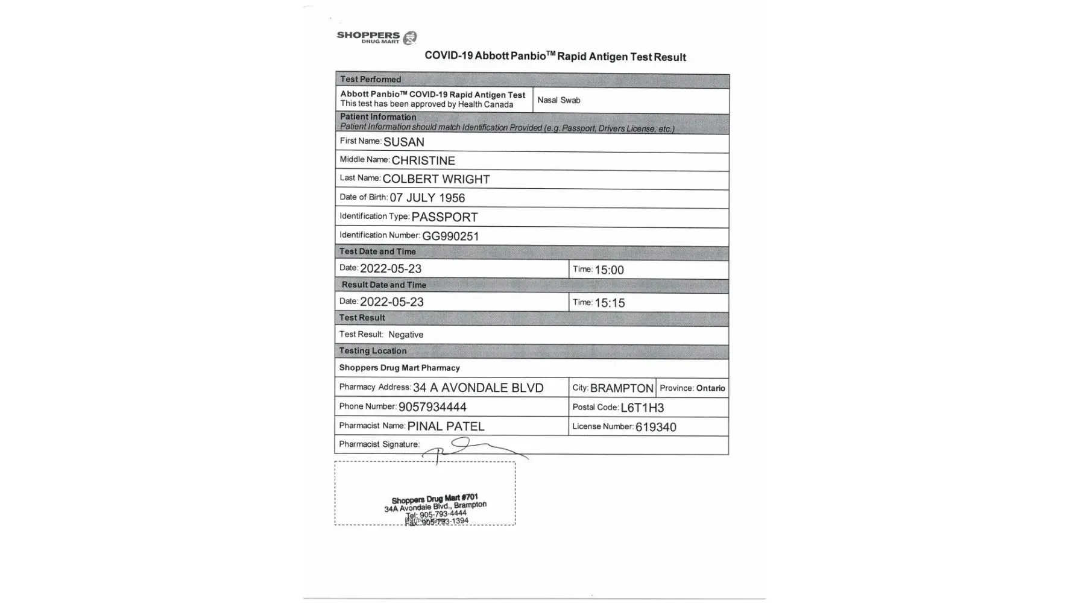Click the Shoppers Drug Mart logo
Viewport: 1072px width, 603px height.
377,37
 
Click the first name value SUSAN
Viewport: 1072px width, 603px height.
404,142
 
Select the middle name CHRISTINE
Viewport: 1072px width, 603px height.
423,161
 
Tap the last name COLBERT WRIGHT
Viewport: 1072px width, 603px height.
436,180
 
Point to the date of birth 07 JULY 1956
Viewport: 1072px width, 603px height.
427,198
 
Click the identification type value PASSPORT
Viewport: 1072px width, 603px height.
444,217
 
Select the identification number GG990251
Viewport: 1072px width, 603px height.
450,236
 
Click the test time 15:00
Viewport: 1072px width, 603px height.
609,270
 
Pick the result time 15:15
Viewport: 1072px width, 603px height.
610,303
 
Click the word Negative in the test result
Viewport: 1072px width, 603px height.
406,335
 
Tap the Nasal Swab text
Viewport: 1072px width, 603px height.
558,100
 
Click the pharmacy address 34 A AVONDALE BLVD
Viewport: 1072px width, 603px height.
478,388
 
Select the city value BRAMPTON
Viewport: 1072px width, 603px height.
622,388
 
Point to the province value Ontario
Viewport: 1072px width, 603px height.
711,388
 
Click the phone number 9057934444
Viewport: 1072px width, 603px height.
432,407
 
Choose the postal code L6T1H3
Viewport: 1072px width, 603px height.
642,408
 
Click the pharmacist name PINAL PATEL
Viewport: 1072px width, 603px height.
446,426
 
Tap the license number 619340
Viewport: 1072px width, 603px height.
655,428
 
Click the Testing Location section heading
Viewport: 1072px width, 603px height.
373,351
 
